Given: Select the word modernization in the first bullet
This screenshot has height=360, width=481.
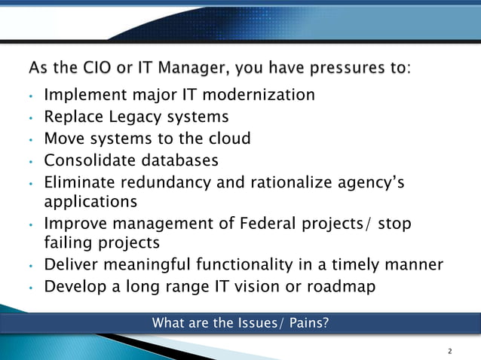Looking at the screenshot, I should [255, 95].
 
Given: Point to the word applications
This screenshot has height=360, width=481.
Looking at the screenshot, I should [90, 202].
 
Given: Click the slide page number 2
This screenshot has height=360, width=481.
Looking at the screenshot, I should [450, 352].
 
